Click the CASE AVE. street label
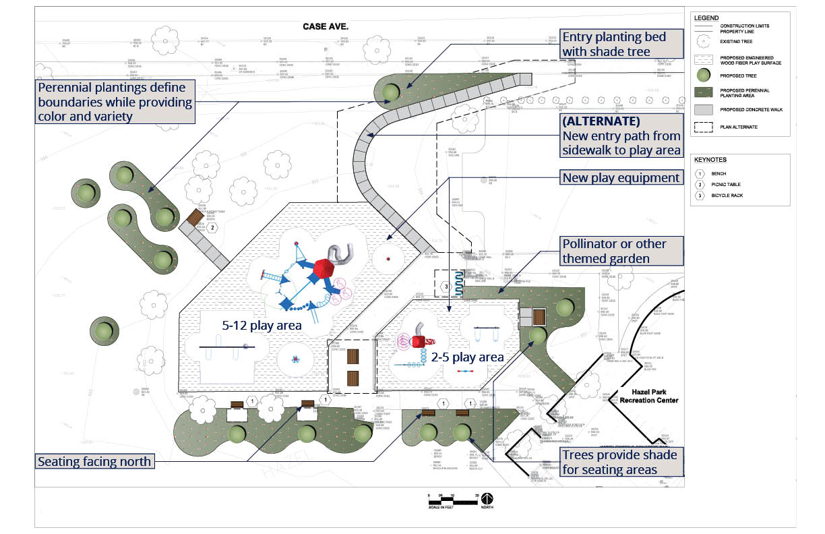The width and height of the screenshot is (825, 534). click(x=330, y=26)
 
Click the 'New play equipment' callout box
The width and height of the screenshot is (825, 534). click(x=621, y=178)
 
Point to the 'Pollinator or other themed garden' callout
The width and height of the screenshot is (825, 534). click(x=621, y=250)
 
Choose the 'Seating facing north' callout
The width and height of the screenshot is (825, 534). click(x=94, y=462)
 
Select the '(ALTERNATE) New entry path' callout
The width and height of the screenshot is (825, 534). click(x=621, y=136)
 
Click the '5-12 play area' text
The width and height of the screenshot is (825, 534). click(x=262, y=326)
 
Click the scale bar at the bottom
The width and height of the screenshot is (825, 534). click(x=453, y=500)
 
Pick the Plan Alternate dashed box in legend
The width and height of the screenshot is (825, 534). click(x=703, y=126)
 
